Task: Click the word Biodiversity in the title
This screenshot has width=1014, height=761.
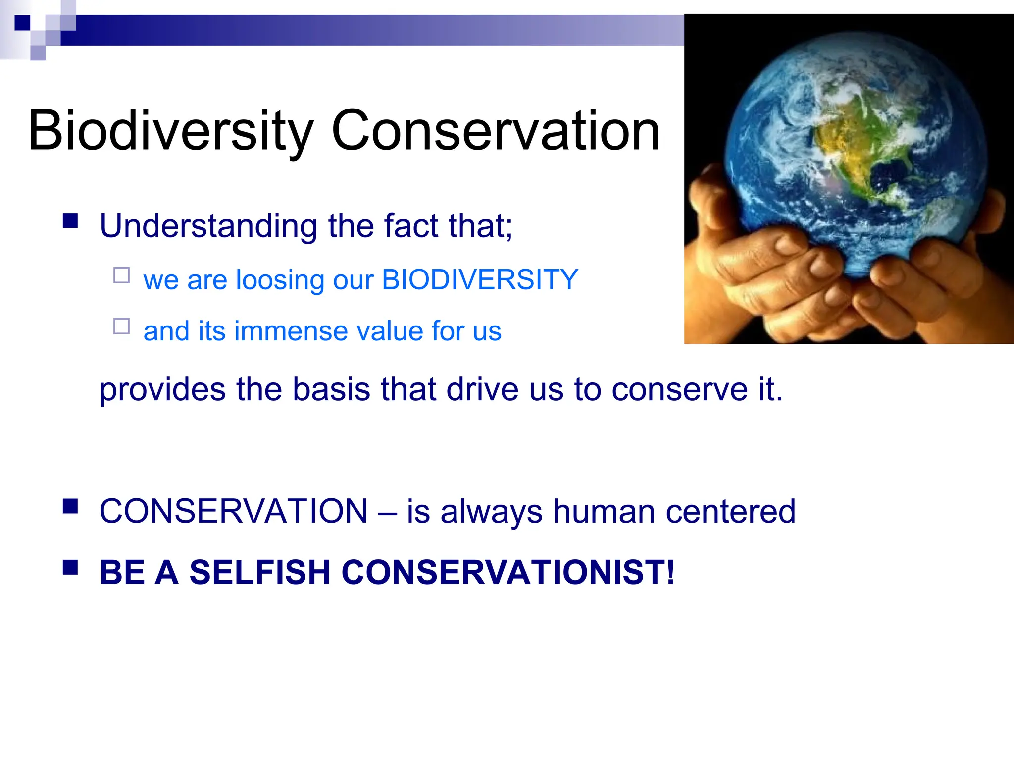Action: (171, 131)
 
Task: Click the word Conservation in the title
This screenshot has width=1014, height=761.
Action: (495, 130)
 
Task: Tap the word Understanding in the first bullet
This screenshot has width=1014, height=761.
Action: (208, 226)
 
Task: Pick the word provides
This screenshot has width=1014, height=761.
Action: (162, 390)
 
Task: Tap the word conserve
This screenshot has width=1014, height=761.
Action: (679, 390)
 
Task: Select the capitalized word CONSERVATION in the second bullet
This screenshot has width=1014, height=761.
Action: (234, 511)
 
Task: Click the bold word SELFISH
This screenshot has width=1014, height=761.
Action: (260, 572)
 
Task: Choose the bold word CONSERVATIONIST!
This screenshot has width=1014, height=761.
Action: (508, 572)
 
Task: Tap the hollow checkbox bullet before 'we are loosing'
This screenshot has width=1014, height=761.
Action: (121, 275)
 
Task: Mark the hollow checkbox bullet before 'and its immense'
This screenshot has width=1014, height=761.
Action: (121, 326)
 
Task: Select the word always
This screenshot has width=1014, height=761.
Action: (491, 512)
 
